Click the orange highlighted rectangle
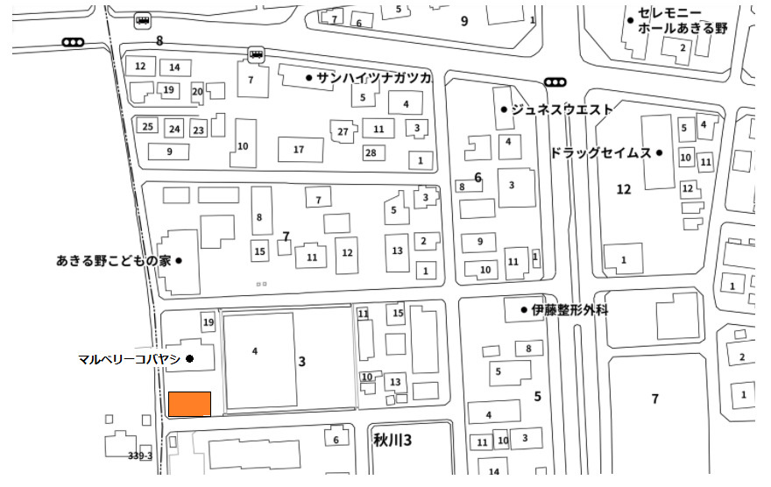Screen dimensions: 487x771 [189, 404]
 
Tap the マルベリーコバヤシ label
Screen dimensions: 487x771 [129, 359]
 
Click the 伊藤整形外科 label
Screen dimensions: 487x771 [570, 309]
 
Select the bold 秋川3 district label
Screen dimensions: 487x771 [393, 440]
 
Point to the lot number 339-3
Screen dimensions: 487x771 [140, 456]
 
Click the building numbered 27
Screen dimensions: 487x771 [343, 131]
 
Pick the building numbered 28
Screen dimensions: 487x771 [371, 152]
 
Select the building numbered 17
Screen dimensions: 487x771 [299, 149]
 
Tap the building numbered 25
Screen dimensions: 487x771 [148, 126]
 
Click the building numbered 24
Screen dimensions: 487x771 [174, 129]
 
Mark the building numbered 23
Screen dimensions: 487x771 [199, 131]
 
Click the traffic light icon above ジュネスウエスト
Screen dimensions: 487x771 [555, 82]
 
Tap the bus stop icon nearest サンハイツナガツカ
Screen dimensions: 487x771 [256, 53]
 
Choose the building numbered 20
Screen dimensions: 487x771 [197, 91]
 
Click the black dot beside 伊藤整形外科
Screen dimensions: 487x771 [524, 309]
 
